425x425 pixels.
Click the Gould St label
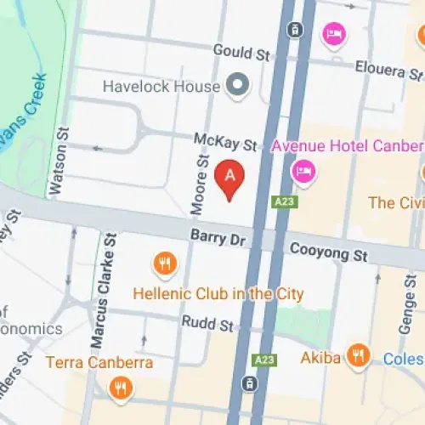pos(241,52)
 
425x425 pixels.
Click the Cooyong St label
pos(327,252)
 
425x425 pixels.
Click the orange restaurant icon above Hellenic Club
pos(165,264)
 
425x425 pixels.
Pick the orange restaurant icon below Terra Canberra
pos(122,389)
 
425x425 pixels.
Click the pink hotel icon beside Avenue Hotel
pos(303,173)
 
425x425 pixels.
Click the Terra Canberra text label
pos(99,363)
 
